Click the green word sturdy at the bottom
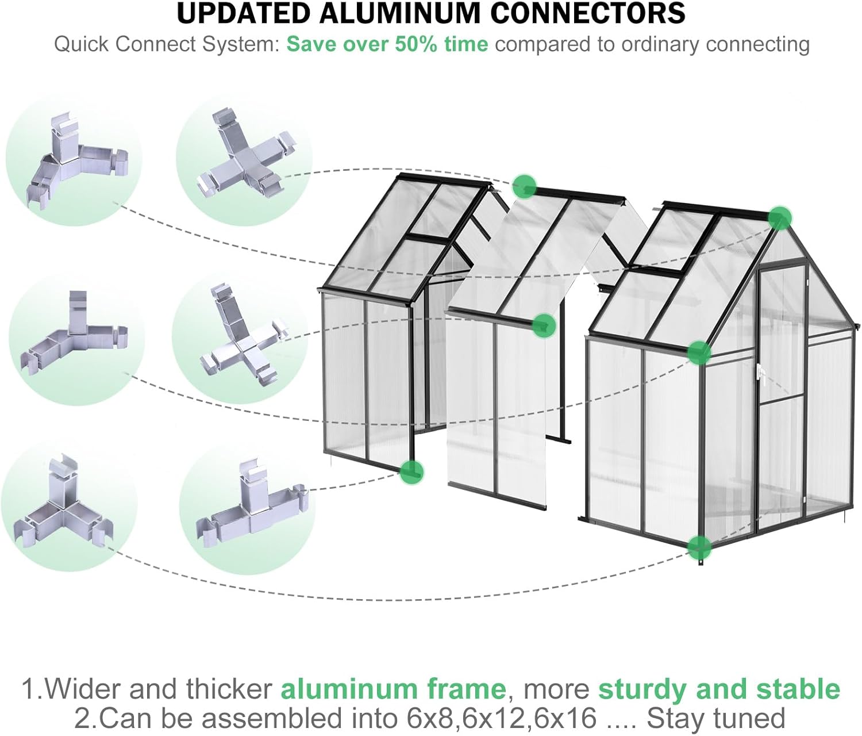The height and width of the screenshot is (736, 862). (636, 689)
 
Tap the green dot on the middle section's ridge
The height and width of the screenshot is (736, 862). (524, 186)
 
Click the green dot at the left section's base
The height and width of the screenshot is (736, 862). (411, 471)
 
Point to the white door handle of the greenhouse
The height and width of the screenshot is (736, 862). (761, 373)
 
